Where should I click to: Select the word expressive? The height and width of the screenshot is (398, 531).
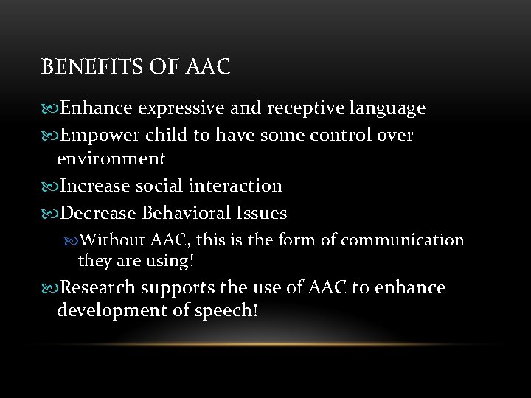click(x=182, y=109)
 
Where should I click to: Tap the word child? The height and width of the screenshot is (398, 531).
click(x=166, y=135)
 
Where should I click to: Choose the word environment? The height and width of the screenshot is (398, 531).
click(x=111, y=158)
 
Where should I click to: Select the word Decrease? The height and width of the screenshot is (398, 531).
click(x=99, y=214)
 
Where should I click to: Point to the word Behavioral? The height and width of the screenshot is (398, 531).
click(x=186, y=214)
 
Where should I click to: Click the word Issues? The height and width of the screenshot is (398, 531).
click(x=262, y=214)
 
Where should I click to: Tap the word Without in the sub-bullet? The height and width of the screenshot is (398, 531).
click(x=112, y=240)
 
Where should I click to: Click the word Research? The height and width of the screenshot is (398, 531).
click(x=97, y=287)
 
